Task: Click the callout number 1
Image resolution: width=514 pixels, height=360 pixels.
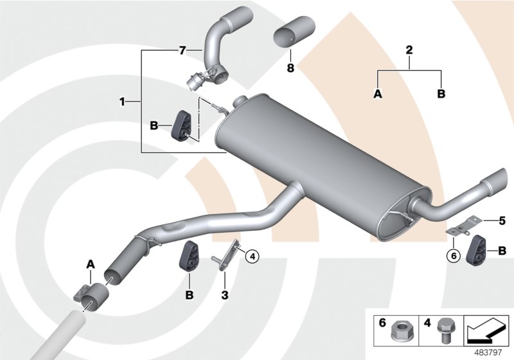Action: point(121,102)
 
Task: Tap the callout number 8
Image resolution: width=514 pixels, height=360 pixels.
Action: point(290,67)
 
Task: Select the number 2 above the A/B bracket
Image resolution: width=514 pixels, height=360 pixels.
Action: point(409,50)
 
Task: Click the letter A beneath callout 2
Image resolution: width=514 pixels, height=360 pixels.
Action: point(378,94)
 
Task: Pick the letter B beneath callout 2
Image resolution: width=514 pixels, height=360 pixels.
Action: point(441,94)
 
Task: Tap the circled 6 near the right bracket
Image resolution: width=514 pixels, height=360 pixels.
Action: point(454,255)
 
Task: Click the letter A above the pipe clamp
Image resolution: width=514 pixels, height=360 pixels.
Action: point(91,264)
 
